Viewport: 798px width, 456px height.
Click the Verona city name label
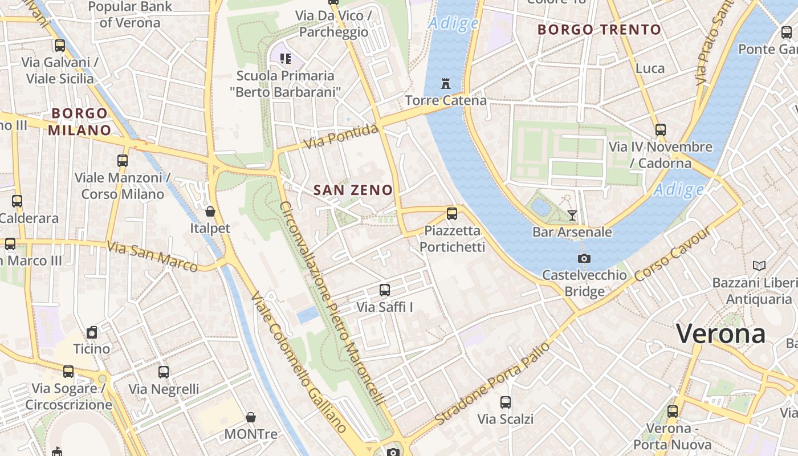[720, 333]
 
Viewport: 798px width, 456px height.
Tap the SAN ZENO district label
[353, 190]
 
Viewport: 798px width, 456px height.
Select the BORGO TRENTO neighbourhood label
[599, 30]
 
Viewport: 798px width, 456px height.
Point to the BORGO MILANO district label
[79, 121]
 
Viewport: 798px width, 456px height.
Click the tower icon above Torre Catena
[446, 84]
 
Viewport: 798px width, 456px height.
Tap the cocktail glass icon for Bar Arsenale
[572, 215]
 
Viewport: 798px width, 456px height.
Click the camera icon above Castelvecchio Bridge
[584, 258]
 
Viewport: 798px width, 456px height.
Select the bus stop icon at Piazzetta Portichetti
[452, 214]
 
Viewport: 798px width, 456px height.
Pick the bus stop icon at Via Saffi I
[385, 290]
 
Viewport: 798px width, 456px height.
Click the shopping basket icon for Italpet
[210, 211]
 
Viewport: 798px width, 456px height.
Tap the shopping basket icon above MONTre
[251, 418]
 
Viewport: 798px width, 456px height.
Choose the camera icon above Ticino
[92, 332]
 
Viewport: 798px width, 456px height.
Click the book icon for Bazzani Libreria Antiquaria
[759, 266]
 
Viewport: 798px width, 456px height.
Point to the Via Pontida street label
[341, 137]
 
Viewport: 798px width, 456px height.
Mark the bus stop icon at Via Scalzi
[506, 402]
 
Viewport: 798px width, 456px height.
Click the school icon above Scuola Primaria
[286, 58]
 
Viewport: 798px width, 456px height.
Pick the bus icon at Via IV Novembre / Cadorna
[661, 130]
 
